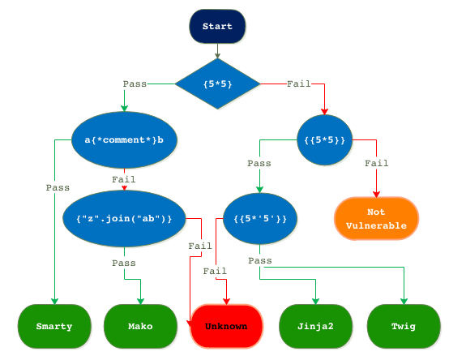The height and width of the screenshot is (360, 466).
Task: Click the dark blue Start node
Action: [x=217, y=27]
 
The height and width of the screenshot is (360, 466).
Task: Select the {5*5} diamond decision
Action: [x=217, y=84]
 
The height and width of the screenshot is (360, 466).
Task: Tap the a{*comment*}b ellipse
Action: [x=124, y=139]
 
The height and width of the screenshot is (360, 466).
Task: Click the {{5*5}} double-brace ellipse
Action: [x=325, y=139]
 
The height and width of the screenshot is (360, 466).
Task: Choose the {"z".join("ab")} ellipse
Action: [x=124, y=218]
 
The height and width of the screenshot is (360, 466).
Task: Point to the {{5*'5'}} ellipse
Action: [x=260, y=218]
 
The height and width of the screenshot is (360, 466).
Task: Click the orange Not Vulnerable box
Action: [x=376, y=219]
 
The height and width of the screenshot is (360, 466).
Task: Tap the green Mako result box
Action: [x=140, y=327]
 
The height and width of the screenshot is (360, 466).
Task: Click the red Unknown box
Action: [x=226, y=327]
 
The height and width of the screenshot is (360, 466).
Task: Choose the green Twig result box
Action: [x=404, y=327]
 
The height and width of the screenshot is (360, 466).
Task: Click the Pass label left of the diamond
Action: [x=135, y=84]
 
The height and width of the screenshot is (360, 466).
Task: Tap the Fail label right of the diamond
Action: [x=298, y=84]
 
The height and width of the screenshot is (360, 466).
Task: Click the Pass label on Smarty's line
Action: [x=58, y=186]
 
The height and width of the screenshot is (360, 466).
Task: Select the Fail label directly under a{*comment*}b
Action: [x=124, y=179]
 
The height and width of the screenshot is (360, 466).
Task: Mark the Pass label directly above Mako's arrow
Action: [x=124, y=263]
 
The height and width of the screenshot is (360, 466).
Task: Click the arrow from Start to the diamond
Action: [x=217, y=51]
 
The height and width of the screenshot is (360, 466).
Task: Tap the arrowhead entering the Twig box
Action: [x=404, y=302]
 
